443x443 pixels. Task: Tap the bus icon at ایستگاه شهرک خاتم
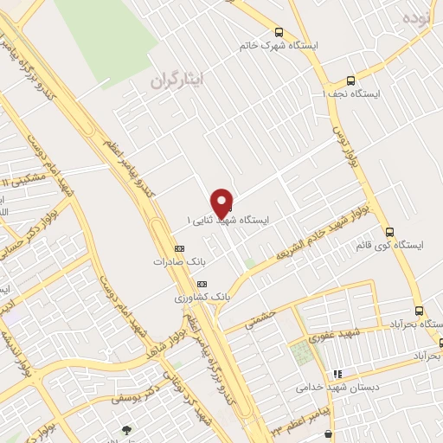278,30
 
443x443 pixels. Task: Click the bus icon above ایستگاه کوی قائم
389,232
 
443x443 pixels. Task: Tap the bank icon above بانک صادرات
179,249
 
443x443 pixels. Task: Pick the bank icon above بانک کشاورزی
202,284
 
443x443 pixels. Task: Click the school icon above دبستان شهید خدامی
337,374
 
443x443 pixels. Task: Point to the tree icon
128,429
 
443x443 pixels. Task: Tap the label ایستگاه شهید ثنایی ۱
228,221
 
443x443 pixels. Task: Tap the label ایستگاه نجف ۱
353,93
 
